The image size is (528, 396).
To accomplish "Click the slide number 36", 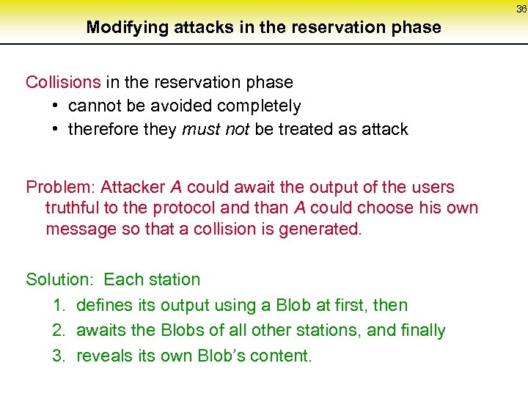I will click(521, 10).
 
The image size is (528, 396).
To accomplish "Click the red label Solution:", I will click(62, 279).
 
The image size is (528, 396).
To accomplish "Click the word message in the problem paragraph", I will click(77, 229).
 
